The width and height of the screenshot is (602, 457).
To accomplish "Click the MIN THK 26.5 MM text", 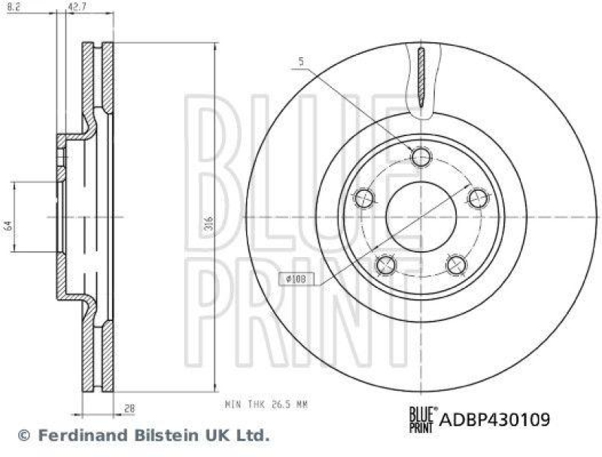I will point(266,404).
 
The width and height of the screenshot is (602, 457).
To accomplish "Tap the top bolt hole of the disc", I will point(421,156).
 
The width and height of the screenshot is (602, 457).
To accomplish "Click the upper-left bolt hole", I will point(363,198).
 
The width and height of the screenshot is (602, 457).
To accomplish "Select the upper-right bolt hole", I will point(478,198).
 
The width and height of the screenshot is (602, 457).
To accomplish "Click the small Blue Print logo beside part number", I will point(421,416).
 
